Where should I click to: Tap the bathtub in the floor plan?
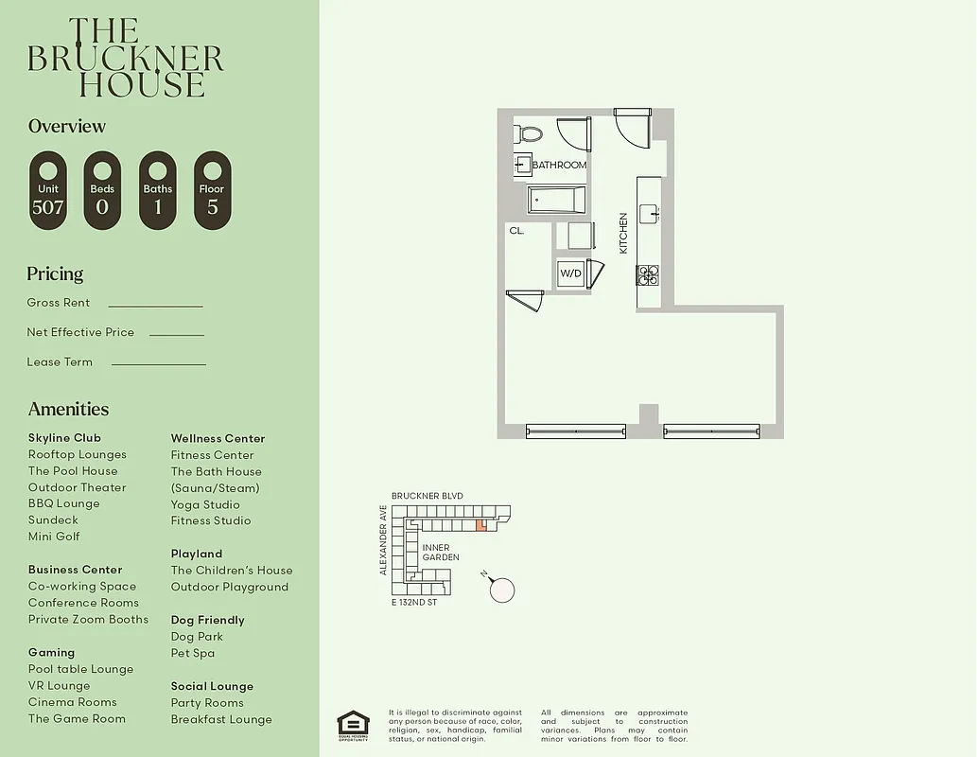coord(556,200)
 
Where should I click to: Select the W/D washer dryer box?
coord(570,273)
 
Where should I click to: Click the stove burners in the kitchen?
coord(648,274)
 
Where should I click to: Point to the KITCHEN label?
coord(623,233)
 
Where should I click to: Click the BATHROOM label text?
coord(559,165)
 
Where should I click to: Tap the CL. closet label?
coord(516,230)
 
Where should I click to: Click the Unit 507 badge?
coord(48,190)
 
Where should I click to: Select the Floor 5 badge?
coord(213,190)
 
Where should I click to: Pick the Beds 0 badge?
coord(102,190)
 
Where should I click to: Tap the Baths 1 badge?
coord(158,190)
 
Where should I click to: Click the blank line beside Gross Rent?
coord(155,305)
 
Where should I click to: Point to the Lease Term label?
coord(60,361)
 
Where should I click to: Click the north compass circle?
coord(502,590)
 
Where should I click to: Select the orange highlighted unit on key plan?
coord(481,524)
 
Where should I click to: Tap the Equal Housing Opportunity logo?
coord(354,725)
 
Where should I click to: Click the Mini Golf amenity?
coord(54,537)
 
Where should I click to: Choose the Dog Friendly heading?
coord(207,620)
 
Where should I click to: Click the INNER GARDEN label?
coord(441,553)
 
